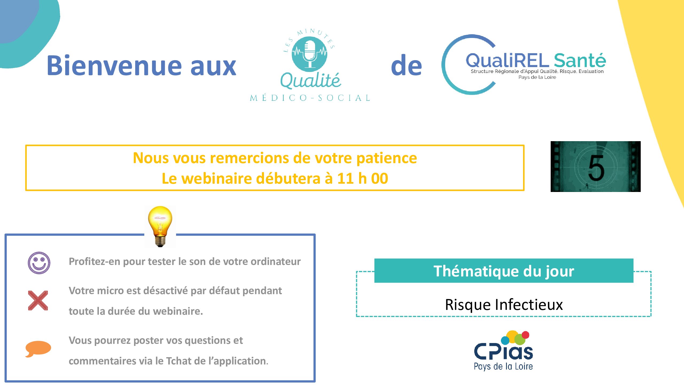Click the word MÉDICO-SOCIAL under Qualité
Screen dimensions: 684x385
click(x=310, y=98)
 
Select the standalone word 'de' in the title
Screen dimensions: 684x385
click(x=406, y=65)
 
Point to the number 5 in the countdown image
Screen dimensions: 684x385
click(x=596, y=168)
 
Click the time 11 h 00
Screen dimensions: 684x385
click(x=363, y=178)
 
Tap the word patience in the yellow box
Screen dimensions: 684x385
click(x=387, y=158)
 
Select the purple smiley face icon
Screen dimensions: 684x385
click(x=39, y=263)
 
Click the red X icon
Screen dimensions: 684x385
click(x=38, y=301)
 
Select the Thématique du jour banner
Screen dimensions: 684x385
click(x=504, y=271)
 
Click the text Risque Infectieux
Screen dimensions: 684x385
click(x=504, y=305)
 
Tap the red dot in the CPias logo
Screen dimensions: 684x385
click(x=526, y=335)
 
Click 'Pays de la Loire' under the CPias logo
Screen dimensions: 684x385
click(x=503, y=366)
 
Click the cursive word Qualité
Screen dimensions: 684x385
click(x=310, y=80)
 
